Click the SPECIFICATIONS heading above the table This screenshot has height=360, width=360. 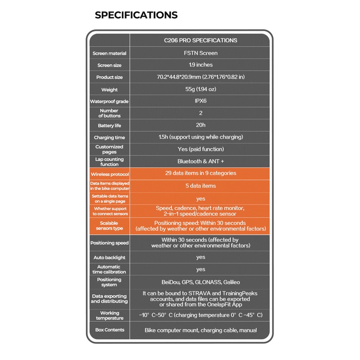[136, 15]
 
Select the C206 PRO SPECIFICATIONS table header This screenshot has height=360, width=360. [201, 40]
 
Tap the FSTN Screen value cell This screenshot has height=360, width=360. [201, 53]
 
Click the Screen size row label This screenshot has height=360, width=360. [109, 65]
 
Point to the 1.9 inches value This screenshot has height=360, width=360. [201, 65]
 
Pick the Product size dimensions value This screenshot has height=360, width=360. [201, 77]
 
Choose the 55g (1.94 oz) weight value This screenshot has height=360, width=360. [201, 89]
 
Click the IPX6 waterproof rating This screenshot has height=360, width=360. [201, 101]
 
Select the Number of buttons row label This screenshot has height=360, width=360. [109, 113]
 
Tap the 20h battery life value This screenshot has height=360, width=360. [201, 125]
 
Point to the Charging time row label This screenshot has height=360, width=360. [109, 138]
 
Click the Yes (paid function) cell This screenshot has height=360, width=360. [201, 149]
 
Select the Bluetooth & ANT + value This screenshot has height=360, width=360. [201, 162]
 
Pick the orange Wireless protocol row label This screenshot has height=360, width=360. [109, 174]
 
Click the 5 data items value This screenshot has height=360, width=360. [201, 186]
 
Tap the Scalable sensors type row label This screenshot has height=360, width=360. [109, 226]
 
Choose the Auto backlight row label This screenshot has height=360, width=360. [109, 258]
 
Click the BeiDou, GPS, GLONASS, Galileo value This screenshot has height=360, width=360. [201, 282]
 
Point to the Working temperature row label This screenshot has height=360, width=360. [109, 315]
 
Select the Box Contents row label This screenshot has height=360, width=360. [109, 330]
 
